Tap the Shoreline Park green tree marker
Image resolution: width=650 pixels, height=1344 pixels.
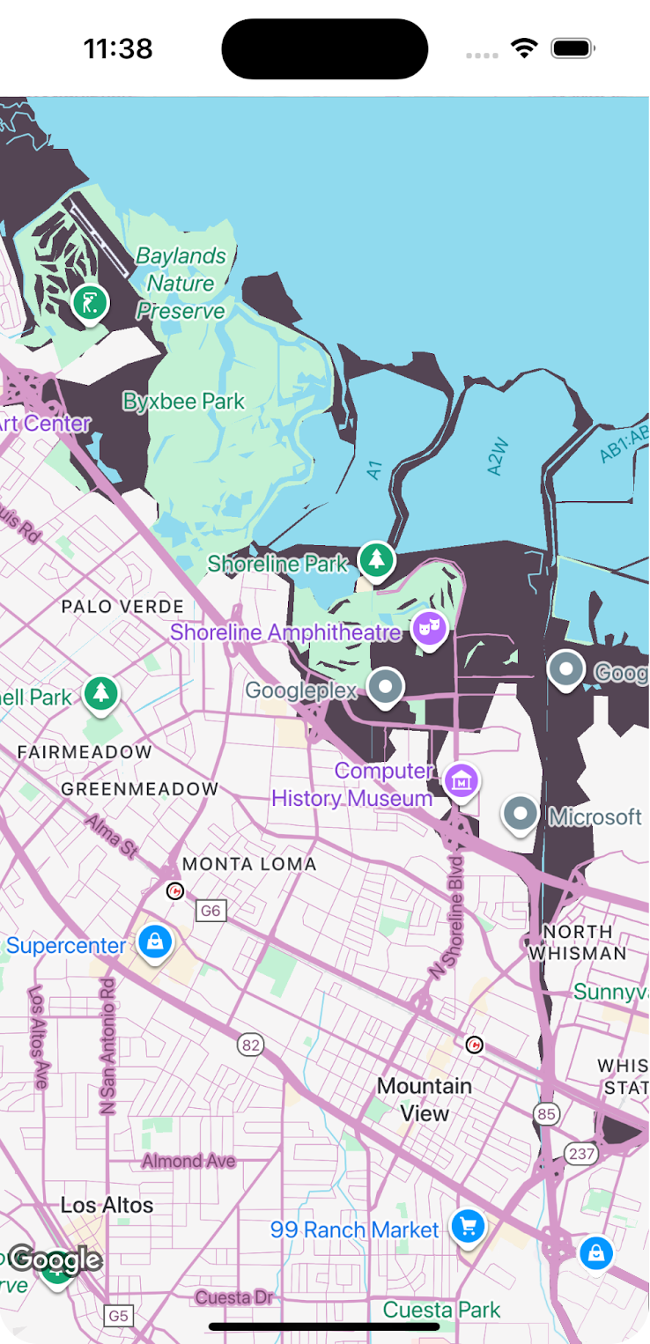click(377, 559)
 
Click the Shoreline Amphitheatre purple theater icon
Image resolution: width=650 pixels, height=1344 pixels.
click(430, 629)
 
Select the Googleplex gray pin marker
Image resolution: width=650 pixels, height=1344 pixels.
click(385, 686)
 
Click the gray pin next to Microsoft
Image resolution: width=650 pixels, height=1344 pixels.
click(521, 813)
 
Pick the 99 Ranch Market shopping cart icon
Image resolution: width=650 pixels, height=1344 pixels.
click(468, 1225)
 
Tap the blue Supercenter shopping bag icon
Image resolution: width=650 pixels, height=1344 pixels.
click(155, 942)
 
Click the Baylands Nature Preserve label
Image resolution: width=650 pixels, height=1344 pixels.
click(181, 283)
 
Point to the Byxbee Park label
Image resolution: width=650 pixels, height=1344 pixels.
click(184, 402)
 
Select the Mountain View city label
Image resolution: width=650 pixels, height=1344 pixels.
click(425, 1099)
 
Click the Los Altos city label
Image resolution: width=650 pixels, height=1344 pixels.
click(107, 1204)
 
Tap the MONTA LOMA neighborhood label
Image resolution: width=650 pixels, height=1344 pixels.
click(249, 864)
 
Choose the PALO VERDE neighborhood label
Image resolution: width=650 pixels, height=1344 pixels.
click(122, 606)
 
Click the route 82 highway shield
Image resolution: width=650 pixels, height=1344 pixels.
click(251, 1045)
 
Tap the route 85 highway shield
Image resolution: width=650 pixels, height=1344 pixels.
click(547, 1114)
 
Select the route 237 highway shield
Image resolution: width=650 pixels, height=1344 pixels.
click(581, 1154)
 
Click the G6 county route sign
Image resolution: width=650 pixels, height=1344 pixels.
click(211, 911)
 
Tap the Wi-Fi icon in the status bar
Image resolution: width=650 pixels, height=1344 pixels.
click(525, 48)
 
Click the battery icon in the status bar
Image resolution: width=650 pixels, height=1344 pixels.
click(573, 48)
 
